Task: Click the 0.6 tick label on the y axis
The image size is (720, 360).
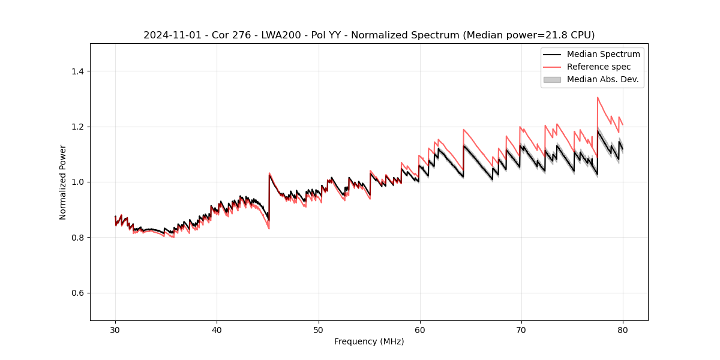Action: (77, 293)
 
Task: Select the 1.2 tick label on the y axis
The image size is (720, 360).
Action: (77, 127)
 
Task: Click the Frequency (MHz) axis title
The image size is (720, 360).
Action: (369, 341)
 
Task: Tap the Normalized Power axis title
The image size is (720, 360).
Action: (63, 182)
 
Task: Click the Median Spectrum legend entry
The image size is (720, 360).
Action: (603, 54)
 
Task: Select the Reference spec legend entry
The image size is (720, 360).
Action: (598, 67)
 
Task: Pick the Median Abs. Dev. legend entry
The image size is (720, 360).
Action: (602, 79)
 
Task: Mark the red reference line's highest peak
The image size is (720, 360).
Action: (598, 97)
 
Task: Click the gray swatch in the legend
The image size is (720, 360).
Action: (552, 79)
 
